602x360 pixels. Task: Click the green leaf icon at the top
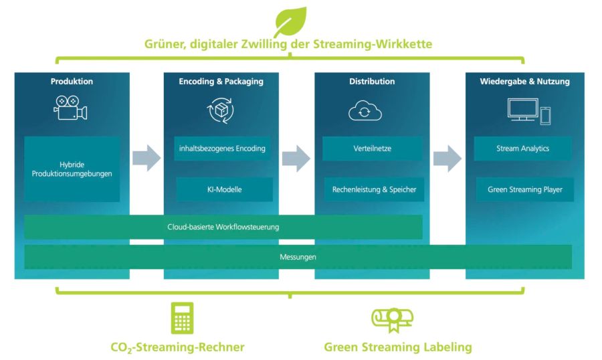[x=290, y=21]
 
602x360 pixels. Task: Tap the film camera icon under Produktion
[x=71, y=108]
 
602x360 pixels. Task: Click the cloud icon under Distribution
[x=365, y=111]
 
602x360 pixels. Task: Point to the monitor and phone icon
[x=528, y=110]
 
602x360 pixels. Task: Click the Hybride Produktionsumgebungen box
[x=72, y=168]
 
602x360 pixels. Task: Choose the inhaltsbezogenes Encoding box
[x=222, y=149]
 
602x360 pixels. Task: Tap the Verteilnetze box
[x=373, y=149]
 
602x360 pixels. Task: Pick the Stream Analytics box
[x=523, y=149]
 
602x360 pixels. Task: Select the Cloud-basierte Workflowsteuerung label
[x=223, y=227]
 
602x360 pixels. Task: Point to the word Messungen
[x=298, y=257]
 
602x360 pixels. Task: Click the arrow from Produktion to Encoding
[x=146, y=158]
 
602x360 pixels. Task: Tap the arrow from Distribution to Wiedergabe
[x=447, y=158]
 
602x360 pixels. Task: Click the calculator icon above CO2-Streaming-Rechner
[x=182, y=318]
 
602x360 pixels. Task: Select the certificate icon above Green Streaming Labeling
[x=392, y=319]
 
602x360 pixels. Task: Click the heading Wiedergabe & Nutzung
[x=524, y=82]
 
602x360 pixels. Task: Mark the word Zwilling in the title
[x=272, y=44]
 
